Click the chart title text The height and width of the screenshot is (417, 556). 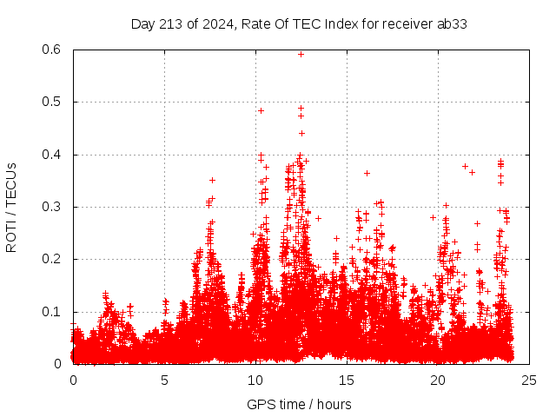299,24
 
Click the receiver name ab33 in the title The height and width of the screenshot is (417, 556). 451,24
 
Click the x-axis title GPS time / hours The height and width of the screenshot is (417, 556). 299,404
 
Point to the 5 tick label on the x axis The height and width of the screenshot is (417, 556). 164,380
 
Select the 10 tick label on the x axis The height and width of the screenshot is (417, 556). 255,380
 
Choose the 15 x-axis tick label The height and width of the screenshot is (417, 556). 347,380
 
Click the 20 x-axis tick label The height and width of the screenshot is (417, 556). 438,380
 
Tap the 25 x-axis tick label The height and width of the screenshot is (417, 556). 529,380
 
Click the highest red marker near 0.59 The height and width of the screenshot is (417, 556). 301,54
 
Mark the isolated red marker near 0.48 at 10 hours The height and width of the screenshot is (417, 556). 261,110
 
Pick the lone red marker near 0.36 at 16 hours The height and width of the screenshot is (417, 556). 367,173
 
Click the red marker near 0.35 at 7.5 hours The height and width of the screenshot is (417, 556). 212,180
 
